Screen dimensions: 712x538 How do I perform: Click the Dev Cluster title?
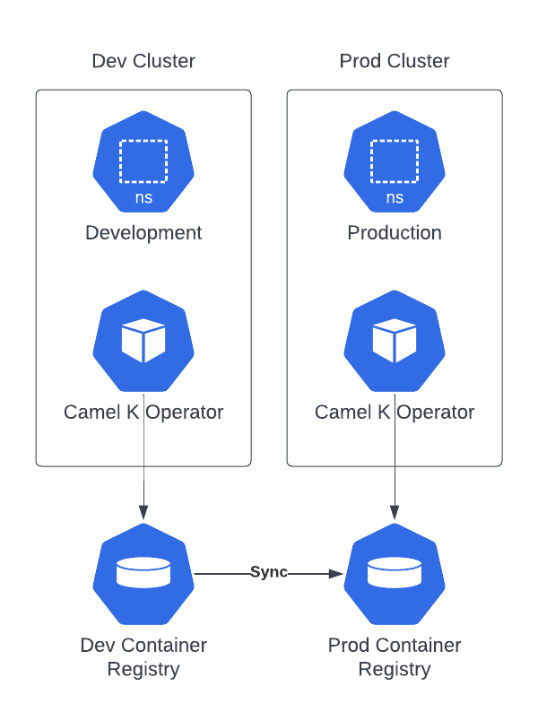[143, 61]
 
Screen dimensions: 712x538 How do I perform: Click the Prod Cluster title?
[395, 61]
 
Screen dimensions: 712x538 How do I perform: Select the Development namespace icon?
[143, 162]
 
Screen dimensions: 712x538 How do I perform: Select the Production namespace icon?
[395, 162]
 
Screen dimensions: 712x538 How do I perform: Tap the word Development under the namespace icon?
[143, 233]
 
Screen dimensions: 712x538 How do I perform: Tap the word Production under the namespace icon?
[395, 233]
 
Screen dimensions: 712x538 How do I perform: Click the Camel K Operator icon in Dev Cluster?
[143, 342]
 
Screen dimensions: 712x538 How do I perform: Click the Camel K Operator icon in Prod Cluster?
[395, 342]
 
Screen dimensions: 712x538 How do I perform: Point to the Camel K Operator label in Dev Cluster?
[143, 412]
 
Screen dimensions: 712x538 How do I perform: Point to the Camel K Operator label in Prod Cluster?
[395, 412]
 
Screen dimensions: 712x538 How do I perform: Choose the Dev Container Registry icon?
[143, 574]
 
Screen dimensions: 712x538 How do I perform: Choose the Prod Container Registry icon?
[395, 574]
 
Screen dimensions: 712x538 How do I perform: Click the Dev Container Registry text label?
[143, 657]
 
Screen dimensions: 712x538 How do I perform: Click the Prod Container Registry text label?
[395, 657]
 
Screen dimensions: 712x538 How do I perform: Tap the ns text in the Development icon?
[143, 198]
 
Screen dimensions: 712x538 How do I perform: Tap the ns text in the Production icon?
[395, 198]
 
